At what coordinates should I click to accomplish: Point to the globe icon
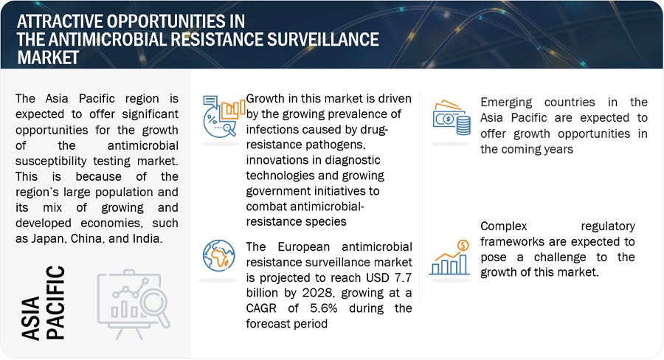pyautogui.click(x=218, y=255)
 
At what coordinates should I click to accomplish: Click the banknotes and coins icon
pyautogui.click(x=452, y=117)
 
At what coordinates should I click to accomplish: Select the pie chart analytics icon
pyautogui.click(x=224, y=116)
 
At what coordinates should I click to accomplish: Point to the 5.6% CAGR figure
pyautogui.click(x=324, y=308)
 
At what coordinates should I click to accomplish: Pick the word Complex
pyautogui.click(x=503, y=226)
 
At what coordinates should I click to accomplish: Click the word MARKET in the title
pyautogui.click(x=48, y=58)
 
